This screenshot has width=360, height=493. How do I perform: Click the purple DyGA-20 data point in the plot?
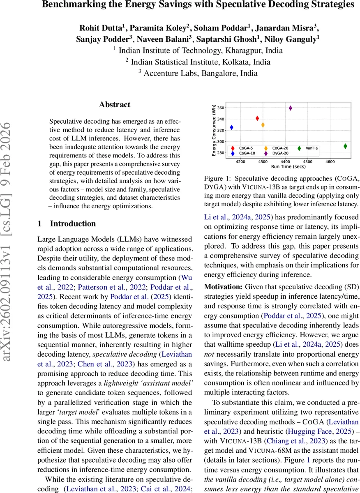[291, 108]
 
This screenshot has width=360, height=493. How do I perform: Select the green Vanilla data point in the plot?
[345, 146]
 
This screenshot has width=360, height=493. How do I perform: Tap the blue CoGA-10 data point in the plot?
[231, 127]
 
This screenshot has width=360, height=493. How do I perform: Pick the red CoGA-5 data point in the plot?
[257, 118]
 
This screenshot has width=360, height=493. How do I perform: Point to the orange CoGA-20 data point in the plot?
[263, 125]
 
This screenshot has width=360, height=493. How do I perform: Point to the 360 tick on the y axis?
[221, 108]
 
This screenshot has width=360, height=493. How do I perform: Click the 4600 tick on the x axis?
[330, 162]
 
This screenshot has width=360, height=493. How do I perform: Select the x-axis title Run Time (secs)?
[287, 167]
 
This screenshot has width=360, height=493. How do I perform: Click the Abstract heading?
[114, 105]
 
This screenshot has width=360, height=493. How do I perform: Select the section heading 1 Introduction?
[67, 224]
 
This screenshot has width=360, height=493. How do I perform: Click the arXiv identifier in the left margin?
[9, 246]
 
